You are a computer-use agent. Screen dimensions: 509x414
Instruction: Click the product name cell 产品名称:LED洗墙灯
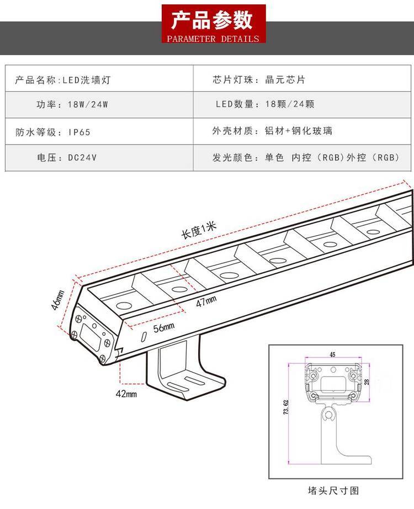pyautogui.click(x=66, y=80)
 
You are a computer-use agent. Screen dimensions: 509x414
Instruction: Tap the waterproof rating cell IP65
pyautogui.click(x=52, y=132)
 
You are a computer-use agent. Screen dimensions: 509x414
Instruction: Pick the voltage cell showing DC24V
pyautogui.click(x=67, y=158)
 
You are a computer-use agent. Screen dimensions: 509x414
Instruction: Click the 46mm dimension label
pyautogui.click(x=59, y=301)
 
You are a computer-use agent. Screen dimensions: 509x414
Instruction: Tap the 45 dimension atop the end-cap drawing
pyautogui.click(x=332, y=354)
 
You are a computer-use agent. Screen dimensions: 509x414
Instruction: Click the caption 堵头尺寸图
pyautogui.click(x=333, y=490)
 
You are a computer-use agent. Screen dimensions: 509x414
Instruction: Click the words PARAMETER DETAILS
pyautogui.click(x=213, y=39)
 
